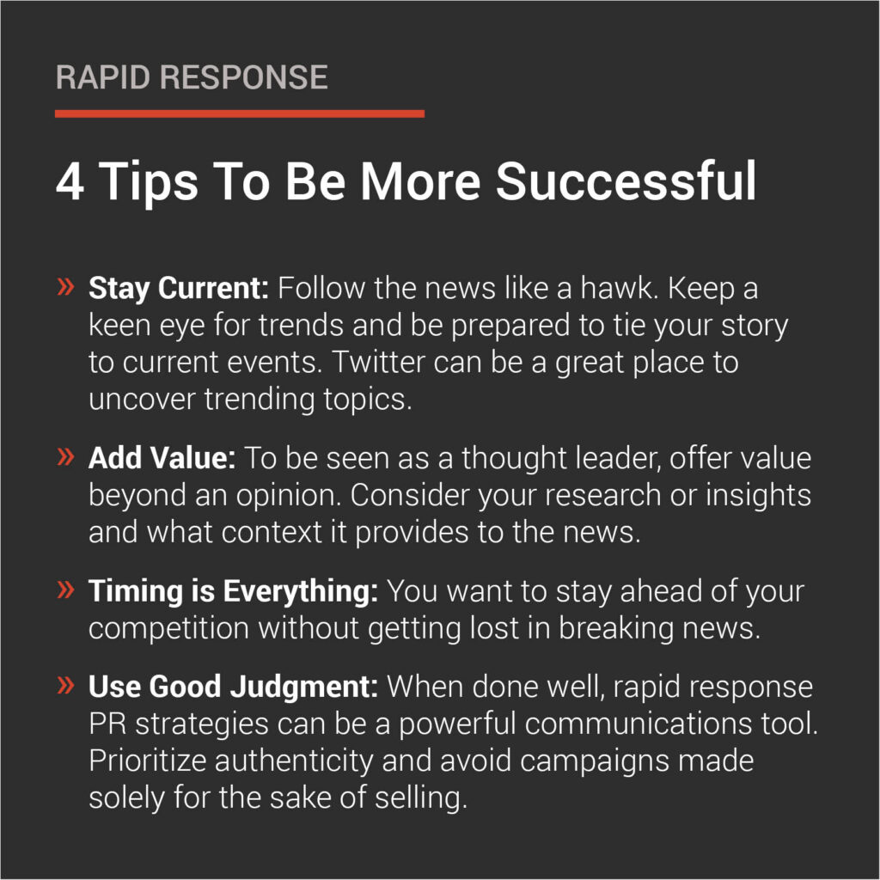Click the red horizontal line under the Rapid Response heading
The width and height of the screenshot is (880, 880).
(239, 113)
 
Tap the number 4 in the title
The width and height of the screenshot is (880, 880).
(70, 182)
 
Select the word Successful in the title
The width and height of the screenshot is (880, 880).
(627, 182)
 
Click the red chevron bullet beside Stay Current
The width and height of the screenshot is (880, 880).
(65, 288)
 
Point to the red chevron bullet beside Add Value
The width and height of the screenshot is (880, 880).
(65, 457)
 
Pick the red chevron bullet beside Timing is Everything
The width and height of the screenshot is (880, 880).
(65, 590)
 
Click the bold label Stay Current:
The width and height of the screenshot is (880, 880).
(179, 289)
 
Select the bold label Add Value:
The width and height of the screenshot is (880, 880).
(162, 458)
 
